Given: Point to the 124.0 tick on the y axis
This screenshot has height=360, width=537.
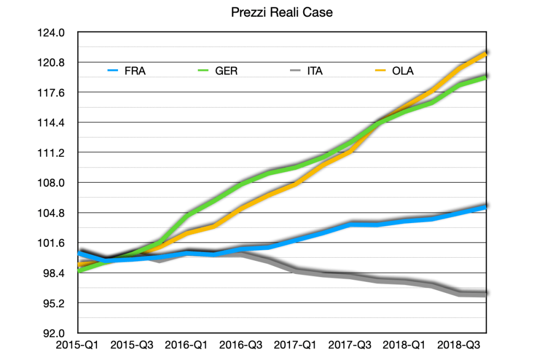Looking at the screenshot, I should coord(52,33).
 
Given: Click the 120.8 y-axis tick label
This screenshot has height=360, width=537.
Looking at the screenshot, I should coord(52,63).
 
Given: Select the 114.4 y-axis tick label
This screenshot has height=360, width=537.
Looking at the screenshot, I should coord(52,123).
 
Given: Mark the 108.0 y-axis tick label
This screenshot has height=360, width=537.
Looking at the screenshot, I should coord(52,183).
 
